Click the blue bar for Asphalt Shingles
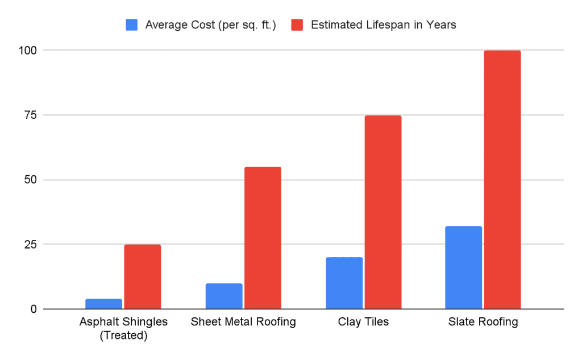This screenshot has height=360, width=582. (x=104, y=304)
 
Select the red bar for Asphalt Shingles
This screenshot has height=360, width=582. (x=143, y=277)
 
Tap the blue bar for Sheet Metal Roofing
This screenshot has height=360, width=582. (x=224, y=296)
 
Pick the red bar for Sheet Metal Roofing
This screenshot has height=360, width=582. (x=263, y=238)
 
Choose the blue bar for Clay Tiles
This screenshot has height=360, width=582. (x=344, y=283)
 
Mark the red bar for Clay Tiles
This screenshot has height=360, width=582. (x=383, y=212)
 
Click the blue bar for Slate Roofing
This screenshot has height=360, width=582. (x=464, y=267)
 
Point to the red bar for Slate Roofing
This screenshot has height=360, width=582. (x=502, y=180)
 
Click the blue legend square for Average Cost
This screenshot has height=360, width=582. (x=131, y=25)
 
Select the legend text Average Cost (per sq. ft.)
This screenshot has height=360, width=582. (x=210, y=25)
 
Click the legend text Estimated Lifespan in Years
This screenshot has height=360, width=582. (x=384, y=25)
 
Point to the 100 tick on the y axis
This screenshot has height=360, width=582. (x=28, y=50)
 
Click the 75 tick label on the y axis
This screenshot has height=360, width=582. (x=31, y=115)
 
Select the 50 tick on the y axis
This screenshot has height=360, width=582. (x=31, y=180)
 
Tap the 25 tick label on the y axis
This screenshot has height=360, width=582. (x=31, y=245)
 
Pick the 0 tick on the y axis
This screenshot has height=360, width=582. (x=34, y=309)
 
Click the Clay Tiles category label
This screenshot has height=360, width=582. (x=363, y=322)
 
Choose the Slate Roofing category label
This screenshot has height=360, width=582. (x=483, y=322)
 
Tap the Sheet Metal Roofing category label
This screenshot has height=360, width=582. (x=243, y=322)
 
